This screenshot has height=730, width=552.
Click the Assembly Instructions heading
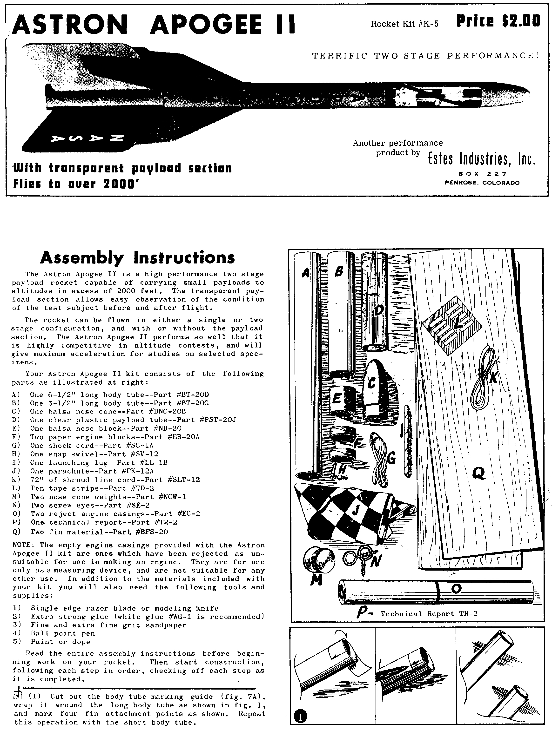tap(137, 258)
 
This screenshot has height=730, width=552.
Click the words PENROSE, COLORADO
tap(482, 183)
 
